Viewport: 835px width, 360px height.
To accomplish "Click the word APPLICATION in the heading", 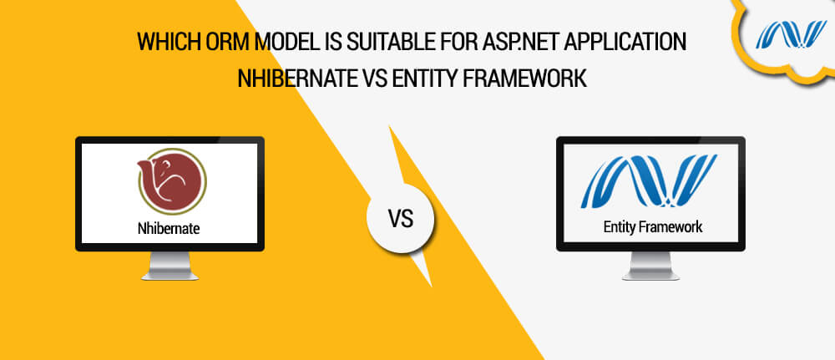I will tap(623, 42).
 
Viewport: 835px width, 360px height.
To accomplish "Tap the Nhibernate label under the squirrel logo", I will tap(170, 226).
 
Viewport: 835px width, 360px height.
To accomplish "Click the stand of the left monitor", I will tap(170, 266).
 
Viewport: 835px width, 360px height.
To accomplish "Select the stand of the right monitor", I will tap(652, 266).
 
